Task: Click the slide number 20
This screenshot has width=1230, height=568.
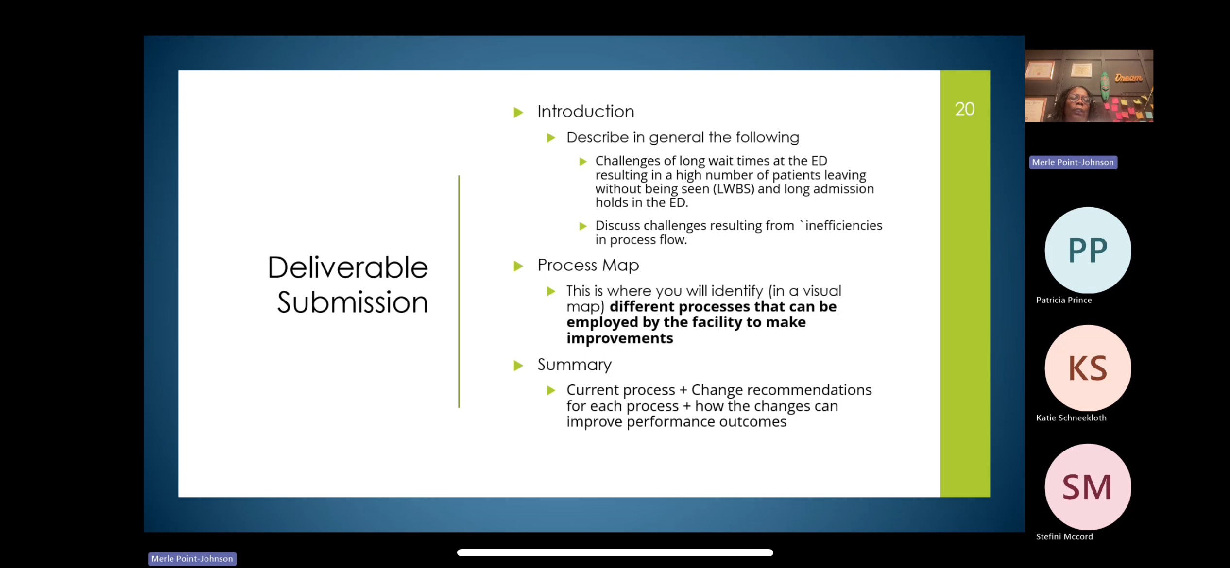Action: point(965,109)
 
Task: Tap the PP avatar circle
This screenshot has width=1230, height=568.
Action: point(1088,250)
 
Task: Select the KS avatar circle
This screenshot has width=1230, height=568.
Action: point(1088,368)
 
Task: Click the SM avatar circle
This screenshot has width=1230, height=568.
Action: point(1088,486)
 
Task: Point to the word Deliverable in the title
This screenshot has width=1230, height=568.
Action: point(348,267)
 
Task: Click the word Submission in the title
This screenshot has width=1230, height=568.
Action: point(353,302)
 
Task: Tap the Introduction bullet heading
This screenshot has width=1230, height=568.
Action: point(586,112)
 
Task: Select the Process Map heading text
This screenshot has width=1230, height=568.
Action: point(588,265)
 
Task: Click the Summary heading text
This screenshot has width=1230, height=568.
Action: point(575,365)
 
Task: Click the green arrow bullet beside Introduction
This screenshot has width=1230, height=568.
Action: point(518,113)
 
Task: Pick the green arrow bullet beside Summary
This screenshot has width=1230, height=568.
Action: point(518,366)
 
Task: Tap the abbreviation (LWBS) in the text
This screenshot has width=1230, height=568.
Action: point(734,189)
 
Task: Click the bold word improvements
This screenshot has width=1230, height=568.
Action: point(620,338)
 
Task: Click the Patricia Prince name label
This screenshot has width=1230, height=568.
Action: point(1064,300)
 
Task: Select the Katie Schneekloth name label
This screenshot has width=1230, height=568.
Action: point(1071,418)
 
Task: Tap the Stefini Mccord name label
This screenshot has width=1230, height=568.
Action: point(1064,536)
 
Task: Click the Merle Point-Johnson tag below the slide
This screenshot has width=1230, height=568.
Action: point(192,559)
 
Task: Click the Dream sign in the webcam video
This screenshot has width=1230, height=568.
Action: point(1128,78)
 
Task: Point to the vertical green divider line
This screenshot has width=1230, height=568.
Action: point(459,291)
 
